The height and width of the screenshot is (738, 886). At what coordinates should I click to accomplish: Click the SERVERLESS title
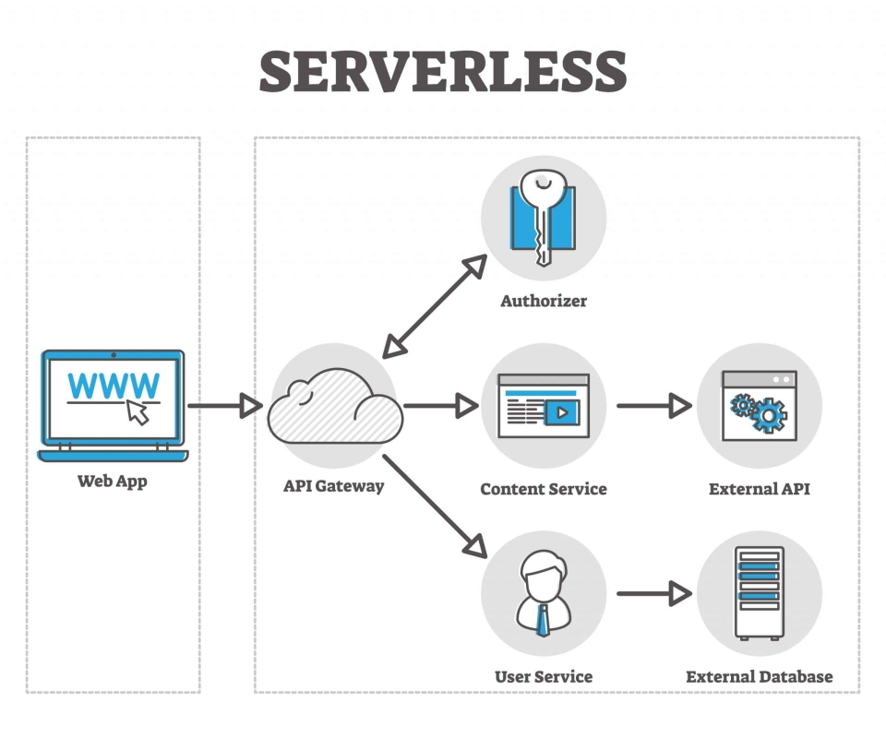coord(443,72)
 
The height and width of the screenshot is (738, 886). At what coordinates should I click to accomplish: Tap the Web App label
coord(112,481)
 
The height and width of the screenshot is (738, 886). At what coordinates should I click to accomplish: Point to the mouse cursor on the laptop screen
coord(138,411)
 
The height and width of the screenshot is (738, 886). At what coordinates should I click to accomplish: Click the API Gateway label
coord(333,485)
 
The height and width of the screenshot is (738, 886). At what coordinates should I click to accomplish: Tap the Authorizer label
coord(544,301)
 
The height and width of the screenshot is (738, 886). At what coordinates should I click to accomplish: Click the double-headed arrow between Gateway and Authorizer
coord(434,307)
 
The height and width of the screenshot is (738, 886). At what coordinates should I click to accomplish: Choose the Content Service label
coord(544,489)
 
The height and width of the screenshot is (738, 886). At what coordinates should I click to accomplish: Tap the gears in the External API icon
coord(759,411)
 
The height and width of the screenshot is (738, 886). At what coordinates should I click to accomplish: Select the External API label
coord(759,489)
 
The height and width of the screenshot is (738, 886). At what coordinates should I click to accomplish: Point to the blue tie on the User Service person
coord(544,619)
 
